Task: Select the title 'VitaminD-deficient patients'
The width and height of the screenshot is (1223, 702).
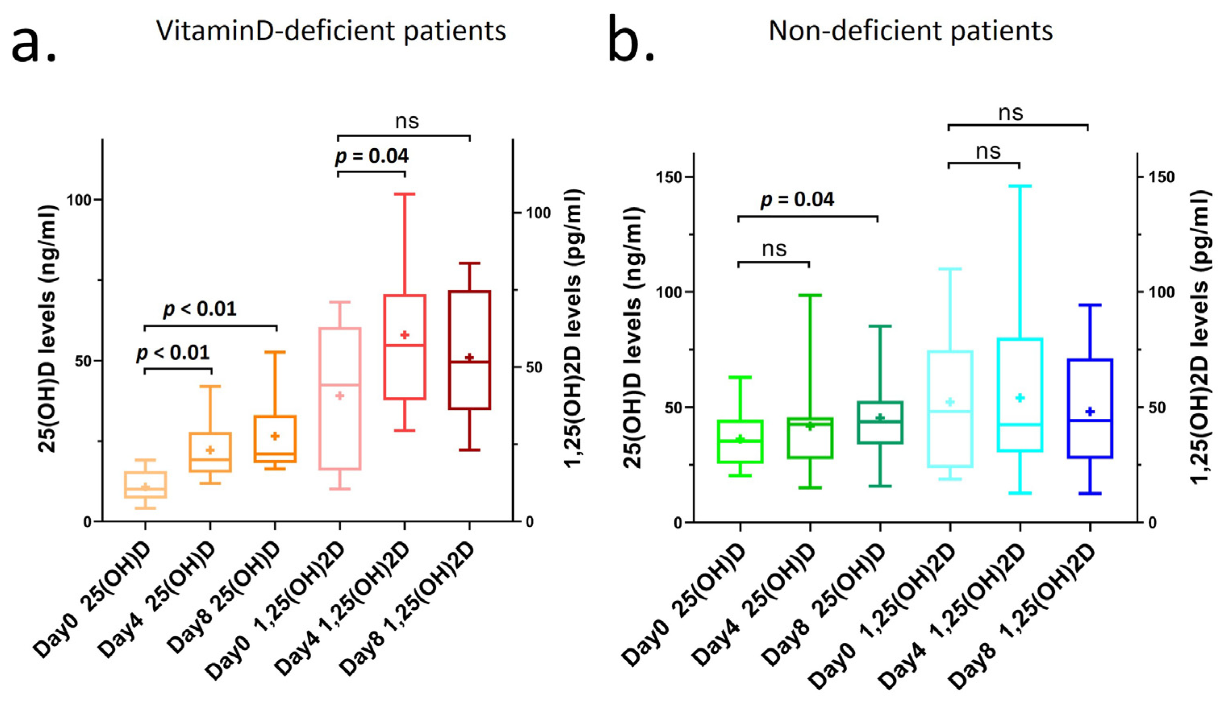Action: click(x=331, y=31)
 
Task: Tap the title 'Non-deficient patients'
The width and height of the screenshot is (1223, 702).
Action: click(x=910, y=31)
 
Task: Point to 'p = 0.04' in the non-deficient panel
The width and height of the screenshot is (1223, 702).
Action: click(x=798, y=199)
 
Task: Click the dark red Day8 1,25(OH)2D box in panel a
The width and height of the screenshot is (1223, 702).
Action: click(x=469, y=349)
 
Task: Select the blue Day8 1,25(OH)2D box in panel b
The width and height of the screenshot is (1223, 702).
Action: click(x=1090, y=408)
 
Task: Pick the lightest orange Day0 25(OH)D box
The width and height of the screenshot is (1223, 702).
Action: click(x=145, y=484)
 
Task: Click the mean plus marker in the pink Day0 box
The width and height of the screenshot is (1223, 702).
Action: click(x=340, y=396)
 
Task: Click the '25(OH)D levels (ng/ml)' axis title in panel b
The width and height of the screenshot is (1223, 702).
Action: click(x=633, y=338)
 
